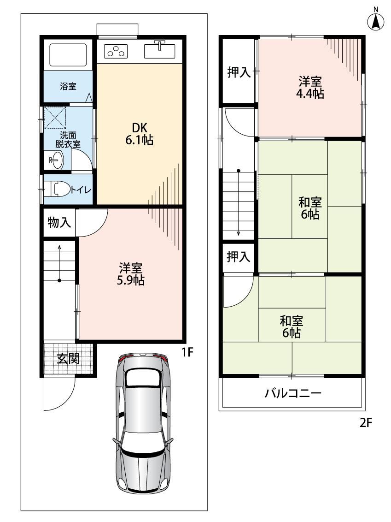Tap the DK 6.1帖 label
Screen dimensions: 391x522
click(x=139, y=134)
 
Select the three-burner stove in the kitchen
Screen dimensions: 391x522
click(x=116, y=51)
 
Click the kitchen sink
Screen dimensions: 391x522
click(x=160, y=50)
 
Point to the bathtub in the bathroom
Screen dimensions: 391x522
click(x=68, y=55)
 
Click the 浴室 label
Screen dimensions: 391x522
click(x=68, y=86)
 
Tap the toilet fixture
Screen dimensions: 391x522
click(x=57, y=189)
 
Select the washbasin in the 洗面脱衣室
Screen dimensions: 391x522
click(x=56, y=160)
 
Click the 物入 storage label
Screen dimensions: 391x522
click(x=59, y=222)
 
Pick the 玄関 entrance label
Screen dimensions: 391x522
click(x=69, y=358)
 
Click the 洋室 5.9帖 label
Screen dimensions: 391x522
click(x=131, y=274)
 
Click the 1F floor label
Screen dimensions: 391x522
click(x=187, y=352)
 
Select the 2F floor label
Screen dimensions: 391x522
click(x=366, y=423)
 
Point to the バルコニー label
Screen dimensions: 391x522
click(x=293, y=393)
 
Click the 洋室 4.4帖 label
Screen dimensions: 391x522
click(x=310, y=88)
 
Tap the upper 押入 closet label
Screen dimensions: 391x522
click(x=239, y=72)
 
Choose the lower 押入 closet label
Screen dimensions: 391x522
click(x=239, y=257)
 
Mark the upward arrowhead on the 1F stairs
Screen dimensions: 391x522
click(x=59, y=247)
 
